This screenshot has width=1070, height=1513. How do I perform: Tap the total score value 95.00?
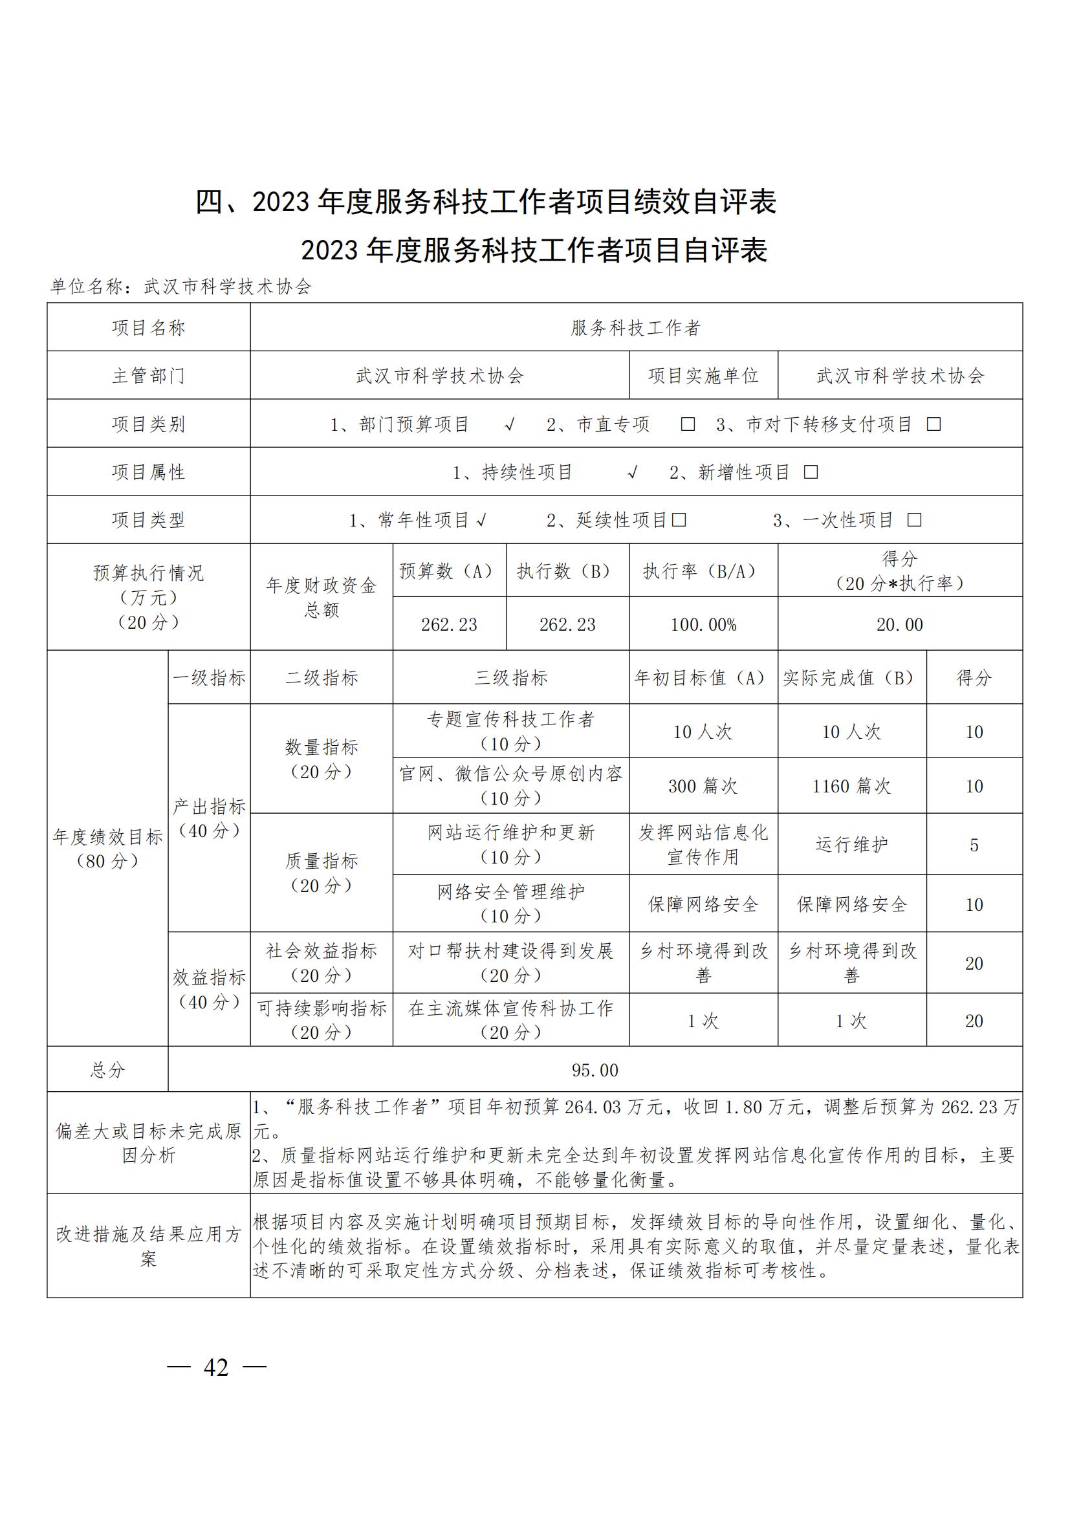click(595, 1070)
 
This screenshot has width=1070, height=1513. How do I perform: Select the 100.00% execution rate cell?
click(703, 625)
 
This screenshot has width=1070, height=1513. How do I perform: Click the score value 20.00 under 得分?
click(899, 625)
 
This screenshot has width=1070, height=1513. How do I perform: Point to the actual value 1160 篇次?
click(851, 786)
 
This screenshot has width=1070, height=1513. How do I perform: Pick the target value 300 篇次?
click(703, 786)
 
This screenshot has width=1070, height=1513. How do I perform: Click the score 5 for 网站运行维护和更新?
click(974, 845)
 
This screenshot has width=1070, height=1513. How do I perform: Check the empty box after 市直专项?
click(688, 424)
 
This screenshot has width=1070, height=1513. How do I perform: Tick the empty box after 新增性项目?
click(811, 472)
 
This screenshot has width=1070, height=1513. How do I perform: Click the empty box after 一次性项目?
click(915, 521)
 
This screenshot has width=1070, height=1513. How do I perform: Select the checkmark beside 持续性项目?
click(633, 472)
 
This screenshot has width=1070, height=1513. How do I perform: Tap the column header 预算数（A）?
click(449, 571)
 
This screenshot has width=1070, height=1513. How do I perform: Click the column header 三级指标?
click(510, 678)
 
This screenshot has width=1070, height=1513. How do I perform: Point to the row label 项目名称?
click(148, 327)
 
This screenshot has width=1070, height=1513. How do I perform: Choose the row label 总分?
click(107, 1070)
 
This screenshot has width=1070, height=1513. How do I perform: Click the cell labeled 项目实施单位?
click(703, 376)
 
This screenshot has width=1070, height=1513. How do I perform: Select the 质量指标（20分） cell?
click(322, 873)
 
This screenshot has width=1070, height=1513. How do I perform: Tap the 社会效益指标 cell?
click(322, 963)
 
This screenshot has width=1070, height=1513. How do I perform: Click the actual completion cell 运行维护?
click(851, 845)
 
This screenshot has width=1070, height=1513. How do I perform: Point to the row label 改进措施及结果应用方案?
click(148, 1246)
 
